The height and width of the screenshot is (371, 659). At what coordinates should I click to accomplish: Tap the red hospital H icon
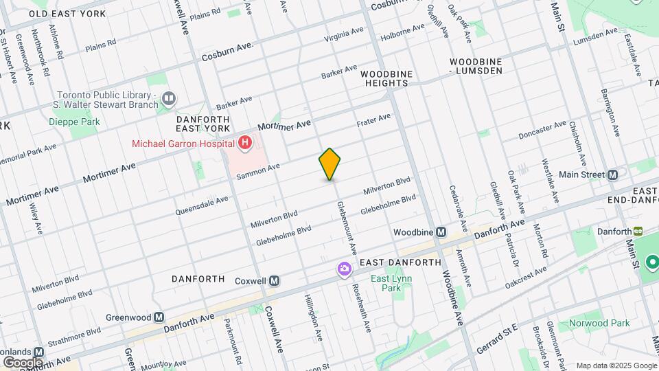pyautogui.click(x=245, y=143)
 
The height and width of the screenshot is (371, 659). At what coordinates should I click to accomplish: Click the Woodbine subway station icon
pyautogui.click(x=441, y=232)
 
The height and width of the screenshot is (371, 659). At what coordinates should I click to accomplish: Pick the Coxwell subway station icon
pyautogui.click(x=274, y=280)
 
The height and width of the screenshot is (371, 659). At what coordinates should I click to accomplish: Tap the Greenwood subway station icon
pyautogui.click(x=159, y=317)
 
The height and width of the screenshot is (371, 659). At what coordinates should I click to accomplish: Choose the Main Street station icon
pyautogui.click(x=612, y=175)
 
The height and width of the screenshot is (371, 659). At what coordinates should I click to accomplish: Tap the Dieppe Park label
pyautogui.click(x=74, y=122)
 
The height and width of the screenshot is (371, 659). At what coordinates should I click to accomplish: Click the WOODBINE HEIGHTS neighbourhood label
pyautogui.click(x=384, y=78)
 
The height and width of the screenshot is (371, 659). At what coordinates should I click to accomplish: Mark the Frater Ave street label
pyautogui.click(x=373, y=120)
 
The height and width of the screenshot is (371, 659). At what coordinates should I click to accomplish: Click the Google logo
pyautogui.click(x=23, y=362)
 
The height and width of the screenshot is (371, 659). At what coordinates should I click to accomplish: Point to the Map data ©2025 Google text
pyautogui.click(x=616, y=365)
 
